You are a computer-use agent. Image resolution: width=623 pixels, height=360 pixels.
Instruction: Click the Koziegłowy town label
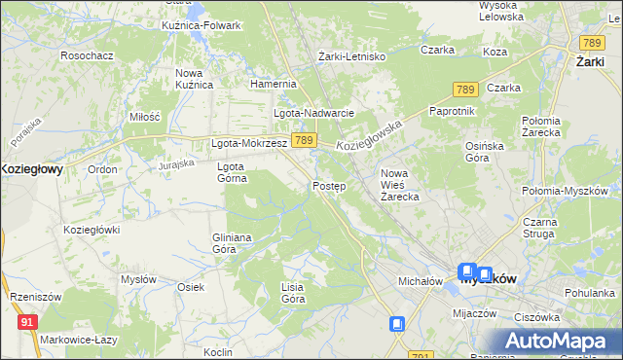coord(32,168)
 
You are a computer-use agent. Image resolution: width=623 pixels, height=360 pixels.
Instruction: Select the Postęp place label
coord(329,186)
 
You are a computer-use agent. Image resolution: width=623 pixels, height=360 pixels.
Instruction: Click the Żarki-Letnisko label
coord(352,56)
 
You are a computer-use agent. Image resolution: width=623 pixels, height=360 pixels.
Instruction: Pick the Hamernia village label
coord(273,85)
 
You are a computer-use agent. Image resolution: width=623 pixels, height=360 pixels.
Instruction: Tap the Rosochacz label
coord(87,55)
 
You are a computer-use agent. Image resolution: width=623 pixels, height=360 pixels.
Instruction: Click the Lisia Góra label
coord(293,293)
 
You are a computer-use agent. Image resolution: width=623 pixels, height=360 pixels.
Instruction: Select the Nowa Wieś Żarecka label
coord(399,185)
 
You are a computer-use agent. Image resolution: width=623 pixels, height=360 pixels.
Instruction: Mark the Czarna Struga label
coord(560,229)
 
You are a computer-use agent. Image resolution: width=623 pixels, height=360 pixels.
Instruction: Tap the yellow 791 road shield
coord(420,355)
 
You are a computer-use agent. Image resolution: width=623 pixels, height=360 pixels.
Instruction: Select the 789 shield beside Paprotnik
coord(464,90)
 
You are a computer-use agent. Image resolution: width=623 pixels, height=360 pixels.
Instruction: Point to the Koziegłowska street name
coord(369,134)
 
